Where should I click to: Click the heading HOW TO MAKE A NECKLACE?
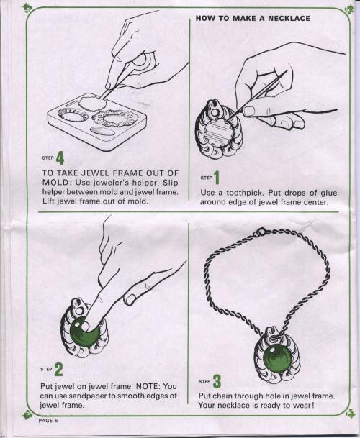(253, 19)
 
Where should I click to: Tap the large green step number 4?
(60, 158)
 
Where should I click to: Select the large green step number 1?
(217, 178)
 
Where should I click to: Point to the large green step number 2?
(58, 369)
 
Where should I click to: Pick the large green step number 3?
(217, 381)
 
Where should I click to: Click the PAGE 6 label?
(48, 421)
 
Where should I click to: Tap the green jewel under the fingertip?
(84, 332)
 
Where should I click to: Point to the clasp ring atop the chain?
(261, 232)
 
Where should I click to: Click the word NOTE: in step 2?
(148, 386)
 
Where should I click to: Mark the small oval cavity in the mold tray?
(102, 131)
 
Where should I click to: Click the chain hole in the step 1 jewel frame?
(215, 113)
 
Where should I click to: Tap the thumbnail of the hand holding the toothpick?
(249, 111)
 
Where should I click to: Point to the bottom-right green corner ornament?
(350, 413)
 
